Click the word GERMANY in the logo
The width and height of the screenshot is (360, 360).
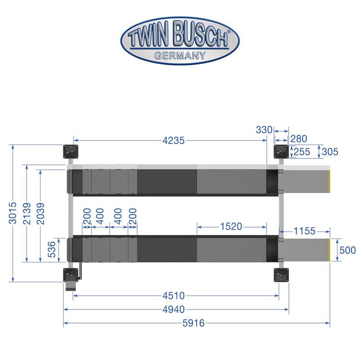[x=180, y=55]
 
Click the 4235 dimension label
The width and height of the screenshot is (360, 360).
[x=174, y=140]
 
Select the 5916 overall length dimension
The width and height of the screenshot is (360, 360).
[x=193, y=323]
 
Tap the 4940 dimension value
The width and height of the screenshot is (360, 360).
[x=174, y=310]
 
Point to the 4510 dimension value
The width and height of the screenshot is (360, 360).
[x=174, y=296]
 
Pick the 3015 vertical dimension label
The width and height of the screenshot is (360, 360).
[x=13, y=213]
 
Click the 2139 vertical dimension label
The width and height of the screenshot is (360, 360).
[x=27, y=213]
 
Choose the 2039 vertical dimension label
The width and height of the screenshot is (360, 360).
[x=40, y=213]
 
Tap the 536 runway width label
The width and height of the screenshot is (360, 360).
[x=52, y=249]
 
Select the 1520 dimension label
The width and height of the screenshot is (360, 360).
[x=231, y=227]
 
